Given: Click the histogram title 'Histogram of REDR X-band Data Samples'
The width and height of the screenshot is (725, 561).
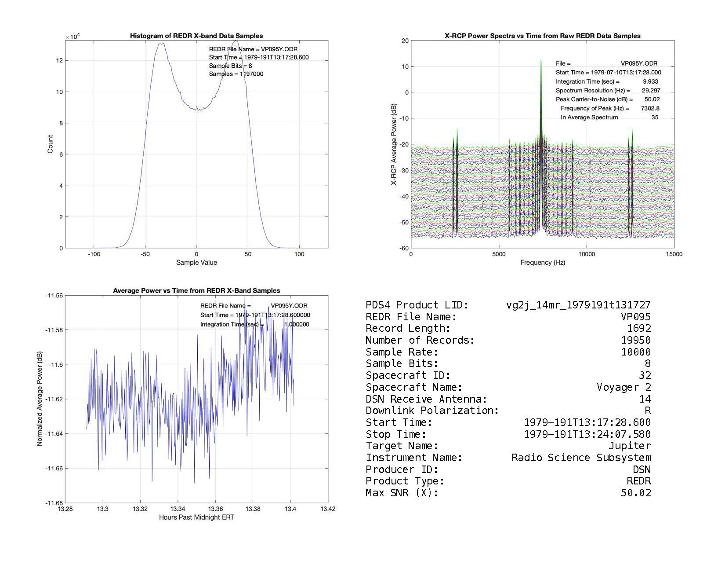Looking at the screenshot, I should tap(196, 36).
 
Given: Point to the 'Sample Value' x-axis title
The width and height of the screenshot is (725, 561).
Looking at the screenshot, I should tap(196, 263).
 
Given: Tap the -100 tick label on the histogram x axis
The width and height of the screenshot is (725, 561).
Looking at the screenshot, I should tap(94, 254).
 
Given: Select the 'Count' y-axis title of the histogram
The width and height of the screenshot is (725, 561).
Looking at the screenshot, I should tap(50, 144).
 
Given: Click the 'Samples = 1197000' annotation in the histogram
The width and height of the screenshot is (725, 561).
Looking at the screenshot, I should tap(236, 74).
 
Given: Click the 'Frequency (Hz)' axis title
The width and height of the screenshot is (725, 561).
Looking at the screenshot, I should tap(543, 263).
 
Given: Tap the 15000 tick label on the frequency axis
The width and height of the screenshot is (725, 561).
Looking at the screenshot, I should tap(674, 254).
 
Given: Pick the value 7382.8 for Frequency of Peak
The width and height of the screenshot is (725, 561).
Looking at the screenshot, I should tap(650, 108).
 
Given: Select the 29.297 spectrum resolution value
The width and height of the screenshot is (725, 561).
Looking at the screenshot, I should tap(651, 90).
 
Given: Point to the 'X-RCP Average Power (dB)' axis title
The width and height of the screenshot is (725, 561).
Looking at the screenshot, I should tap(394, 144).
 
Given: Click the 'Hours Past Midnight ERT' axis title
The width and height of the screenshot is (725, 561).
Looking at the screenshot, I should tap(196, 517).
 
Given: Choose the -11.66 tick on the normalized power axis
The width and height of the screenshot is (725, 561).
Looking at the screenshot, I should tap(54, 468).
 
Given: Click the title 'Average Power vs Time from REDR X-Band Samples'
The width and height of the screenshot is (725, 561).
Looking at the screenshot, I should tap(196, 291).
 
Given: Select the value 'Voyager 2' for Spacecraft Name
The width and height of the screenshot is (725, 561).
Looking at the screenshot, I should tap(623, 387).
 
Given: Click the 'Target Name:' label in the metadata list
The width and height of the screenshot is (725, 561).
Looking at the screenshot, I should tap(402, 446).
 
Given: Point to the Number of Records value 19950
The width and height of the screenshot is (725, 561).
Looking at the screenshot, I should tap(636, 340).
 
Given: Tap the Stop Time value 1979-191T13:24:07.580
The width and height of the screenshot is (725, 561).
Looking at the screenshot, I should tap(587, 434).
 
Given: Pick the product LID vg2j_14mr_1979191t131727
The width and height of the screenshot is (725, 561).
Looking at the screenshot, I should tap(578, 305).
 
